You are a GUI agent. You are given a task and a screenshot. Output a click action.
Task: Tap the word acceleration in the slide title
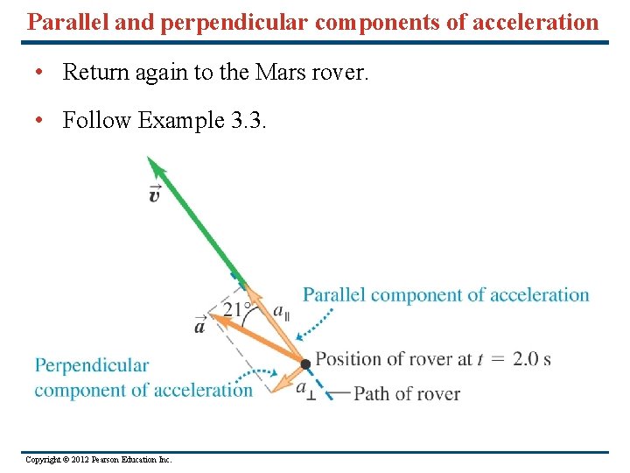pos(536,22)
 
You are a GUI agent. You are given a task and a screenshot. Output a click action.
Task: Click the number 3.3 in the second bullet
pos(248,120)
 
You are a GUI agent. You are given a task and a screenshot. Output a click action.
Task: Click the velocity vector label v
pos(154,194)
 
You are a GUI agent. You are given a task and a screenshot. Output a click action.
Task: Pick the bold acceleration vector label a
pos(200,326)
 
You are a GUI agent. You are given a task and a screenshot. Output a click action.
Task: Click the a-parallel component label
pos(281,312)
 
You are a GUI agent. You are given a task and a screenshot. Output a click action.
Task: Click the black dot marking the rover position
pos(304,364)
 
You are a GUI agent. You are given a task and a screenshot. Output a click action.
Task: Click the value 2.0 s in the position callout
pos(531,359)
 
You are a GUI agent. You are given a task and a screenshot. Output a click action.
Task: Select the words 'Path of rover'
pos(407,394)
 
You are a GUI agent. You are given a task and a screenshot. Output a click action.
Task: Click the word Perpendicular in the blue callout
pos(92,365)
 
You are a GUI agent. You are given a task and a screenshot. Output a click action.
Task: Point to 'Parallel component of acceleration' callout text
pos(446,295)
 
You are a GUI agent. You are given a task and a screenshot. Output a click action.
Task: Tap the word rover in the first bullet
pos(339,72)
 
